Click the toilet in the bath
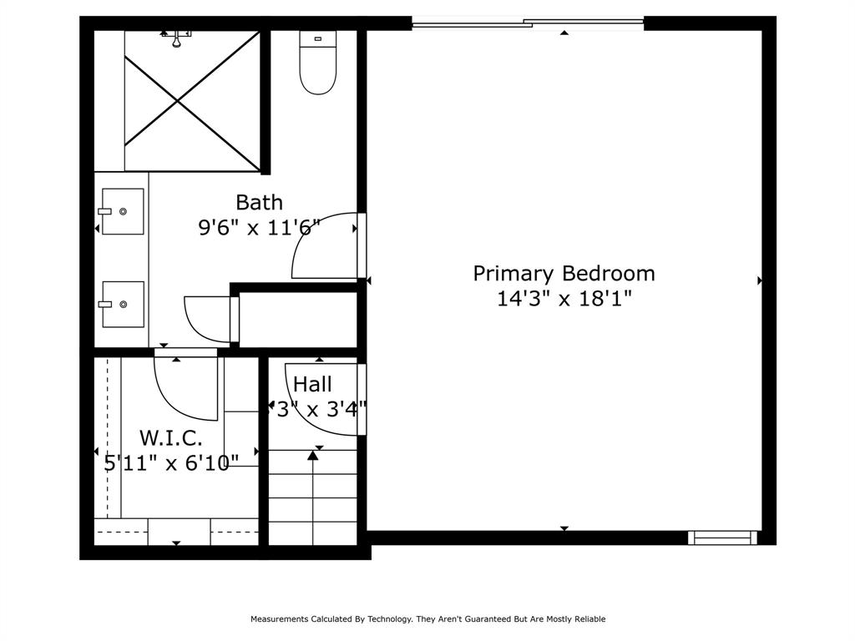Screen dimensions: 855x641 click(317, 62)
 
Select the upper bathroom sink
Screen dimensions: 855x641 click(122, 211)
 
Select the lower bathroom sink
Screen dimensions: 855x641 click(122, 304)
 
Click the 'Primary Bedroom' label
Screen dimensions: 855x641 click(564, 274)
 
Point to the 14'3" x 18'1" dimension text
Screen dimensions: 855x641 click(564, 299)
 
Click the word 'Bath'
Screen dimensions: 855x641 click(259, 202)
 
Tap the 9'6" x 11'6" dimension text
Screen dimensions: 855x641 click(259, 227)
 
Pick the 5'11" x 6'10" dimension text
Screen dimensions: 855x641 click(171, 463)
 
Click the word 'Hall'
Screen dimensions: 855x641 click(312, 384)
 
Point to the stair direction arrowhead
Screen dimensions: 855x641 click(312, 455)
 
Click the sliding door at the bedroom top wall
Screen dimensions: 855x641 click(528, 23)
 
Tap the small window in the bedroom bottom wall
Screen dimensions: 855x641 click(722, 538)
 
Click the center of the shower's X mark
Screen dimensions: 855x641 click(178, 101)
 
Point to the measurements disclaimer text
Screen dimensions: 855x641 click(427, 618)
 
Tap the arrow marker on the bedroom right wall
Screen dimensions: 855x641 click(760, 280)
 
